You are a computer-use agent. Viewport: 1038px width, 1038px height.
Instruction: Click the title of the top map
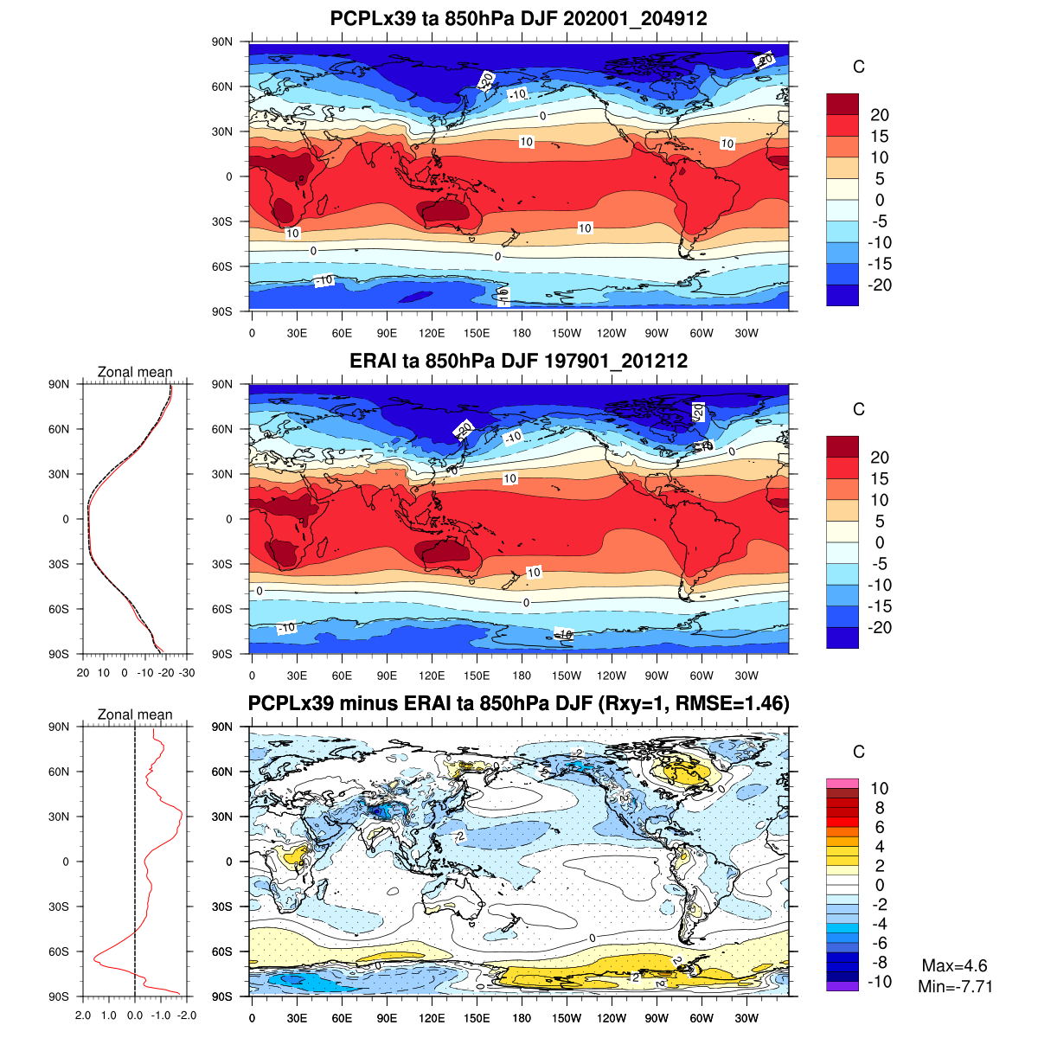518,18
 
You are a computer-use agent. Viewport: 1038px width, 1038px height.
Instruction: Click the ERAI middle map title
518,361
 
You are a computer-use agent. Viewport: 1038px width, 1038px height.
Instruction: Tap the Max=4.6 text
954,966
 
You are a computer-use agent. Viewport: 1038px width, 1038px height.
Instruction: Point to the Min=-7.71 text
955,986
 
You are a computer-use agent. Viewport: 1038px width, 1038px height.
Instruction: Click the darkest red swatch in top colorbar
842,104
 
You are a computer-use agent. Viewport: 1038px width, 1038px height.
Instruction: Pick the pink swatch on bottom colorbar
842,782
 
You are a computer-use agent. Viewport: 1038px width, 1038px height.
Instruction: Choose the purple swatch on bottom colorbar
842,986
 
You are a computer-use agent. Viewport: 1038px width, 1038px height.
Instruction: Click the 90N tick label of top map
222,42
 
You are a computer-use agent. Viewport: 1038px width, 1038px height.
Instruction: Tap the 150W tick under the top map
567,334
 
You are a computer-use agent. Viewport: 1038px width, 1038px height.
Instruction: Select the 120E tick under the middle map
432,676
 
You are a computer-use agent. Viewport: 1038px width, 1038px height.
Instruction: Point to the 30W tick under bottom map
746,1019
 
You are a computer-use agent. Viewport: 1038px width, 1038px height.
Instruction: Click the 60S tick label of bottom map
222,951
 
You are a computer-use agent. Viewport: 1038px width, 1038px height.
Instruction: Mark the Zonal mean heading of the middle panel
135,372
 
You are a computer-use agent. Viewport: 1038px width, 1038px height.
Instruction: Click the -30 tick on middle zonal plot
186,673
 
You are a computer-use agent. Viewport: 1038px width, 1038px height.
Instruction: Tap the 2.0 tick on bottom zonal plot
83,1016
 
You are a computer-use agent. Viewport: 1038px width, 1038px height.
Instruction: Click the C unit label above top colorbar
858,67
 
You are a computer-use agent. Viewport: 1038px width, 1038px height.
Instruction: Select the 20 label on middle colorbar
879,458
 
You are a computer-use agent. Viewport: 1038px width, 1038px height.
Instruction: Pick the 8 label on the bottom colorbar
879,808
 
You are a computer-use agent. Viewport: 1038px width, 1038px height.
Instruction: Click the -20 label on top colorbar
879,285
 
